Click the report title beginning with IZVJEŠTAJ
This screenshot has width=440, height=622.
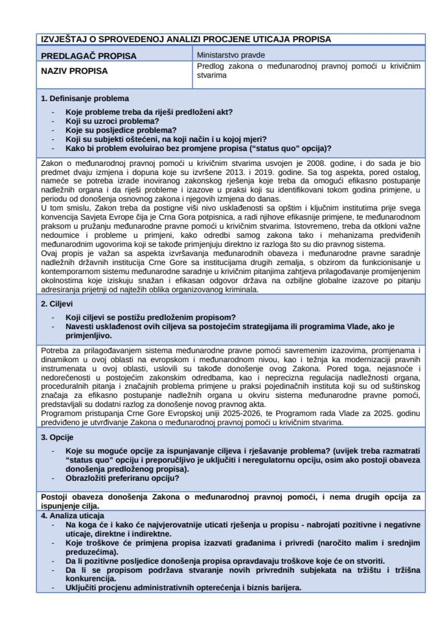click(x=185, y=40)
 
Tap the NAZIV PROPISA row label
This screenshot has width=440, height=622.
click(x=75, y=71)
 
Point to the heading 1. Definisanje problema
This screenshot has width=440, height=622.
click(x=84, y=98)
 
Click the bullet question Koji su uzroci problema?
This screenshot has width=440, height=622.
click(x=112, y=121)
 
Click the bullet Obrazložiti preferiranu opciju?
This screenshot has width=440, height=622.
click(x=122, y=478)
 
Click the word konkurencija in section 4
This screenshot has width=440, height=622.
click(x=91, y=579)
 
